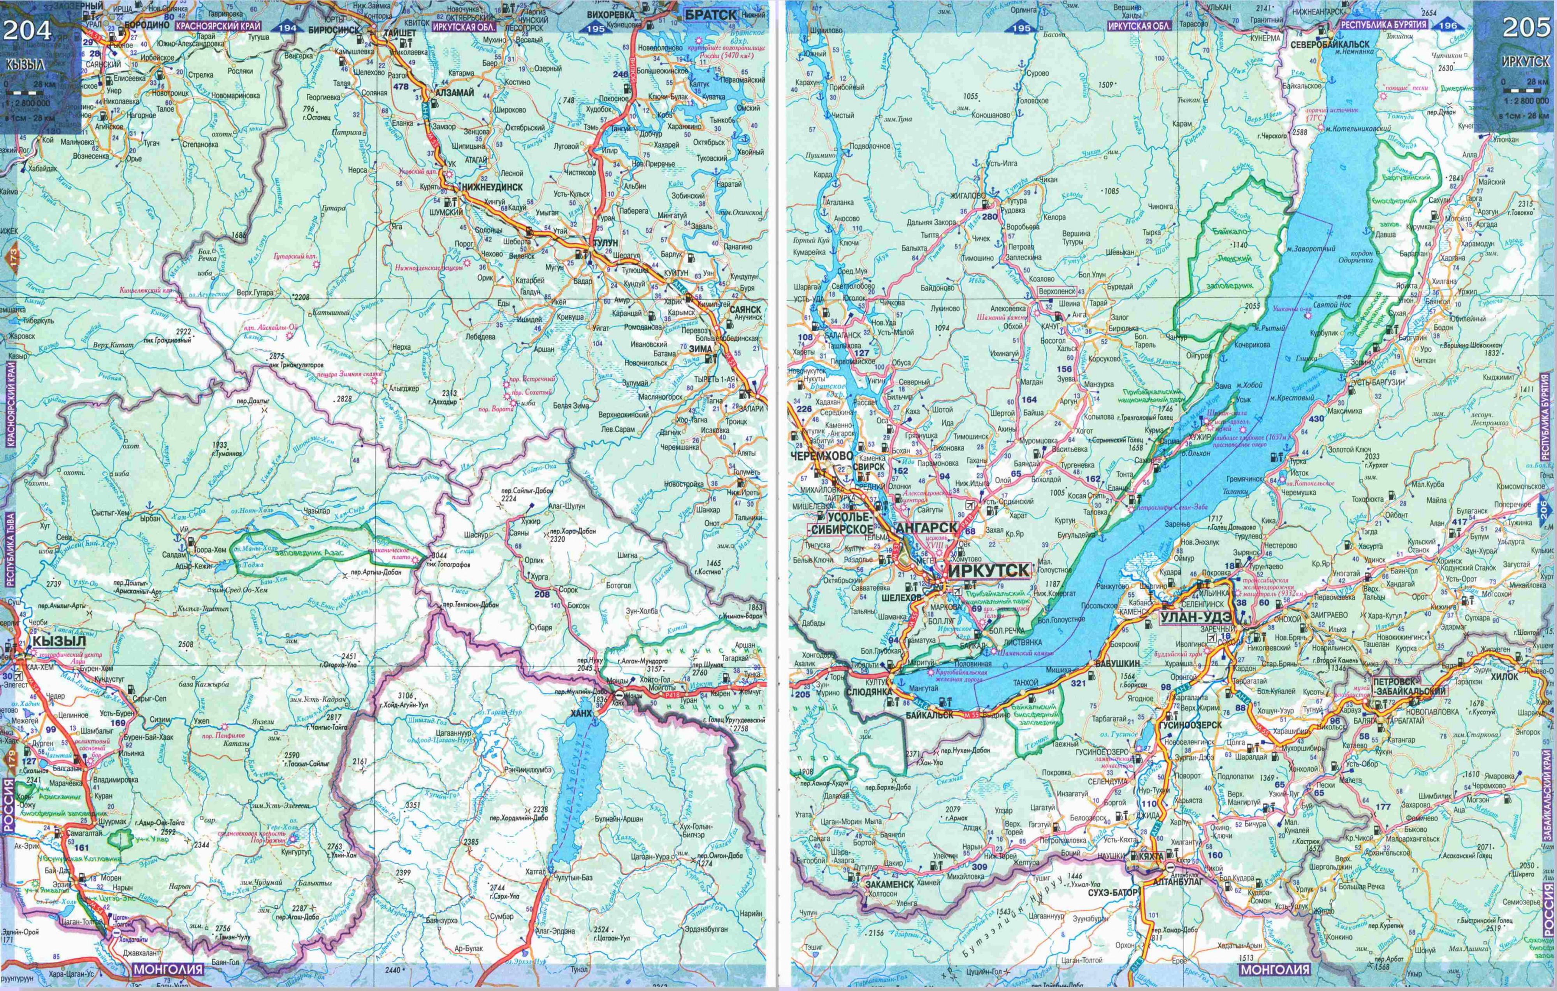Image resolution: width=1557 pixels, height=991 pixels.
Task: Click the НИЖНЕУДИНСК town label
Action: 493,186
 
